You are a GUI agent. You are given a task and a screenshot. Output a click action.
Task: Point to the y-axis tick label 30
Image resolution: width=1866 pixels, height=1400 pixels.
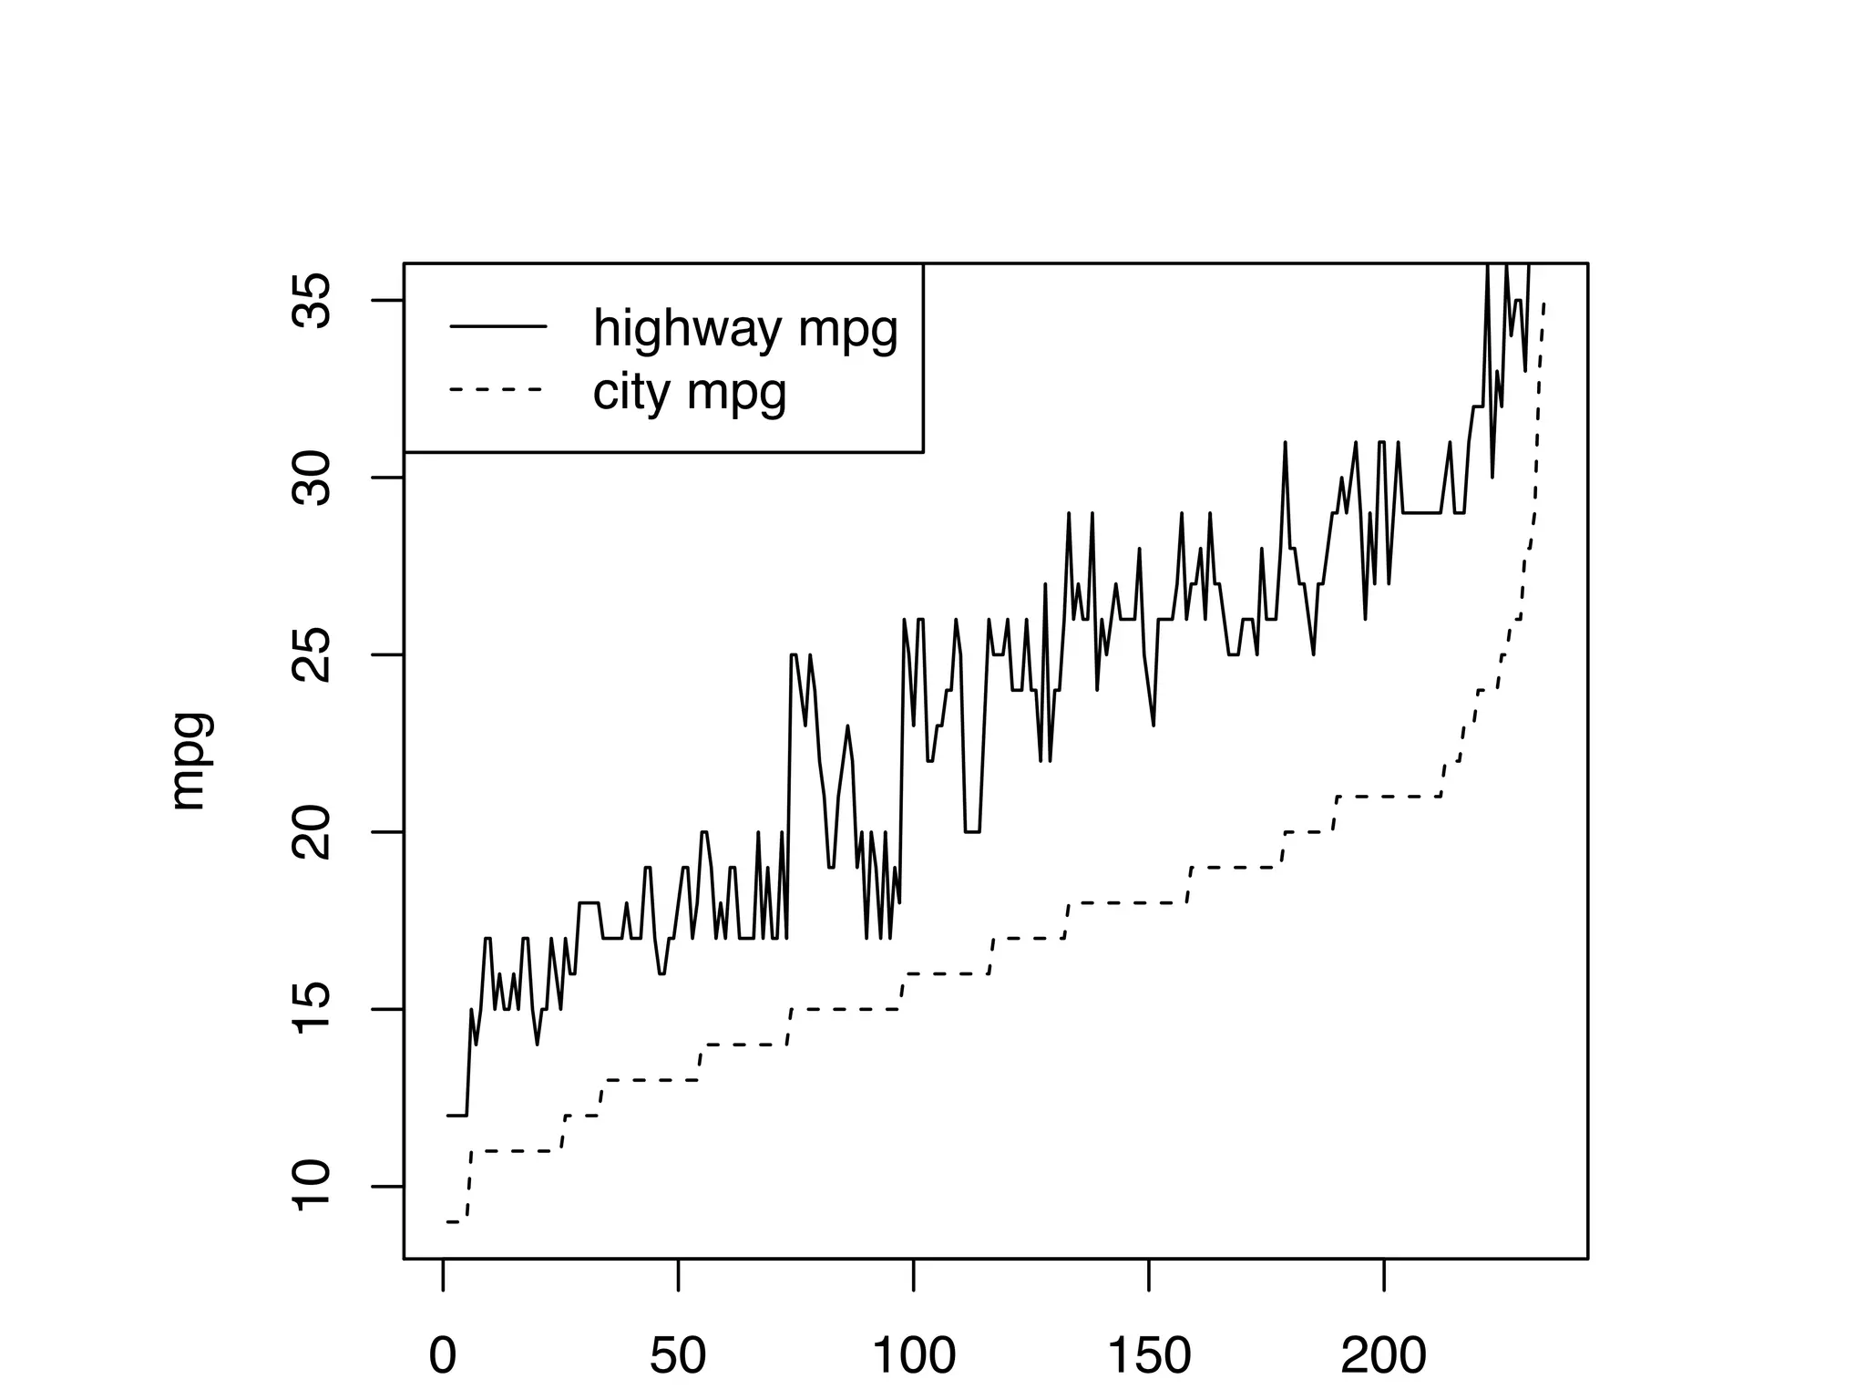(310, 478)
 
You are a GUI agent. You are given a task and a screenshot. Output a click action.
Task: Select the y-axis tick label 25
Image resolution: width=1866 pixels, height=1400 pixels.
(310, 654)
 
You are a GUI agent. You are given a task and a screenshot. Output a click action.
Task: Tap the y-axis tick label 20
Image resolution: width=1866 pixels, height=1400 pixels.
(310, 831)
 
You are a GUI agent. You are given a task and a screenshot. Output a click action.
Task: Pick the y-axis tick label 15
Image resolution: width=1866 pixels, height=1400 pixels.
(310, 1009)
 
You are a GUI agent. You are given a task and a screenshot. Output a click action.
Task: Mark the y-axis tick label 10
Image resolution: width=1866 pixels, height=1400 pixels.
(310, 1186)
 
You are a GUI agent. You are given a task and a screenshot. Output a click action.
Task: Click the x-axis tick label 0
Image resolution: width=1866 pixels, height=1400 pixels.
(443, 1356)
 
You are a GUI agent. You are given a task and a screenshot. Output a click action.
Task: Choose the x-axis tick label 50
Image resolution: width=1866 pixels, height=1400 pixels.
(678, 1356)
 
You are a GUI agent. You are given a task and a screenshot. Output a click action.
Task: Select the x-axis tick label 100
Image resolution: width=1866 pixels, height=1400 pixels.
(914, 1356)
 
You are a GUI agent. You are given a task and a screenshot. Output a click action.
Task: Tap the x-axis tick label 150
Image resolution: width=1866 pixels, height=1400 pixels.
(1149, 1356)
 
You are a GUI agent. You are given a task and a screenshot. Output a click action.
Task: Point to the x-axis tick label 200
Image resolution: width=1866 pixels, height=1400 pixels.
(1384, 1356)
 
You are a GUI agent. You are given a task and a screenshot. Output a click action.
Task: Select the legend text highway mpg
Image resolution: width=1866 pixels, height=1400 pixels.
(745, 328)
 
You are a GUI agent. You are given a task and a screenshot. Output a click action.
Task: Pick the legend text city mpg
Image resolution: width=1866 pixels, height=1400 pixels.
(689, 392)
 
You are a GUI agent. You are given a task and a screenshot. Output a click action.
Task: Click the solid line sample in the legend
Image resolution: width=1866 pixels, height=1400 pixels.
(498, 326)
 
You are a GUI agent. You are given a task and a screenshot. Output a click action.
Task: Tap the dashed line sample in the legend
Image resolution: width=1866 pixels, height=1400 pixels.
(498, 390)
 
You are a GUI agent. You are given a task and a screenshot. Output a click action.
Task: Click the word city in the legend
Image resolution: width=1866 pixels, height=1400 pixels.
(632, 392)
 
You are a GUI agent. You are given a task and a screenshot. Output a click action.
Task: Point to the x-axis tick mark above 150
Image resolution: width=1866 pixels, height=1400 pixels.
(1149, 1274)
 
